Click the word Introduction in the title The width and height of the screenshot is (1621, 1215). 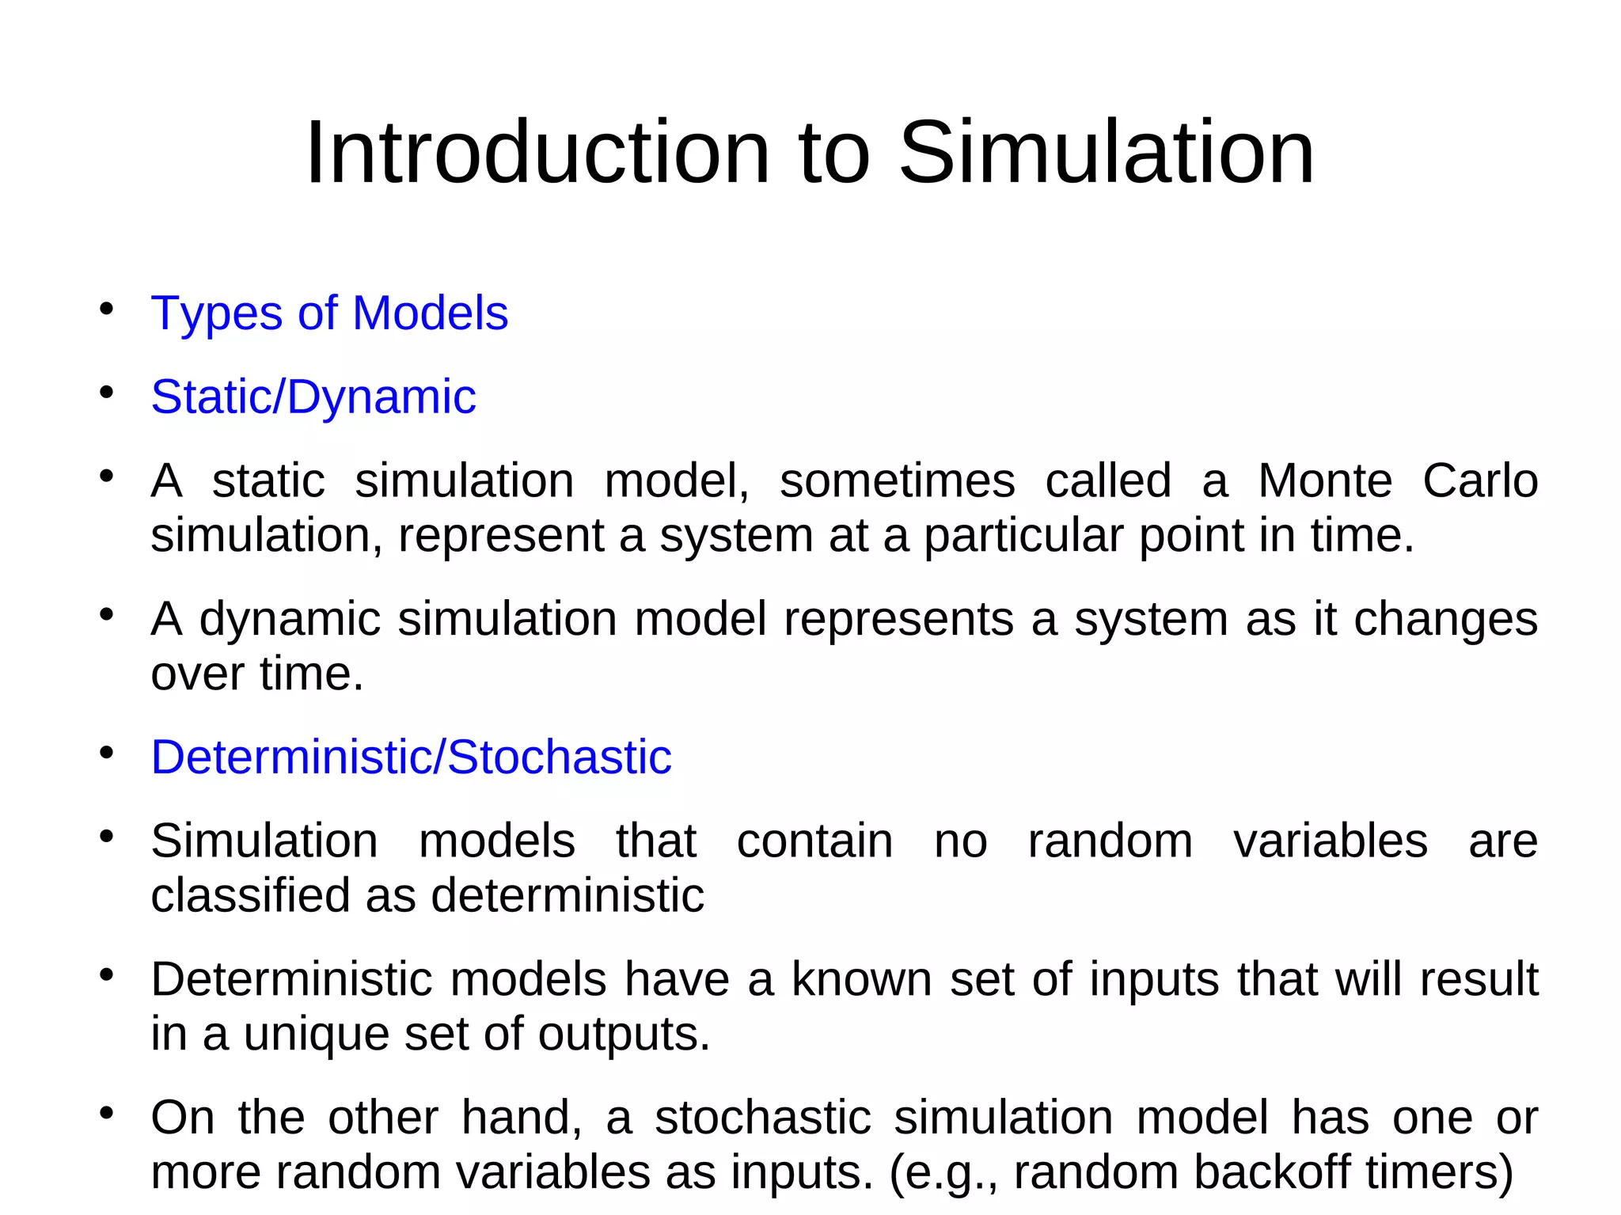pyautogui.click(x=537, y=152)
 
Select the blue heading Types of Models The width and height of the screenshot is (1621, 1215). pyautogui.click(x=329, y=313)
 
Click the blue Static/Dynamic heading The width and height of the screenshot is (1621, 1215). pyautogui.click(x=313, y=397)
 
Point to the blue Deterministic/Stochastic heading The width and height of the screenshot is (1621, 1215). pyautogui.click(x=411, y=757)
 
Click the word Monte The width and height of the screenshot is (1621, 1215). pyautogui.click(x=1325, y=480)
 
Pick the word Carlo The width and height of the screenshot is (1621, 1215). pyautogui.click(x=1480, y=480)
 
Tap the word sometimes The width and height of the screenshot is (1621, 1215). pyautogui.click(x=897, y=480)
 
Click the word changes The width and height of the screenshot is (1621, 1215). pyautogui.click(x=1445, y=619)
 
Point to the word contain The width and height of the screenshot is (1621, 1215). pyautogui.click(x=814, y=841)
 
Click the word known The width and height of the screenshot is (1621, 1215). pyautogui.click(x=862, y=979)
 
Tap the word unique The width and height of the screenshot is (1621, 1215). pyautogui.click(x=316, y=1035)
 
